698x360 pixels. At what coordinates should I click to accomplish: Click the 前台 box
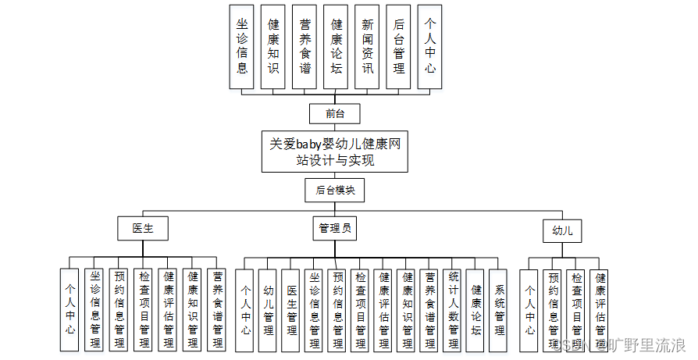click(335, 114)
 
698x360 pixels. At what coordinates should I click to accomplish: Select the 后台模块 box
click(335, 190)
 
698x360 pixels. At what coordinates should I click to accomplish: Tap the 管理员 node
click(335, 229)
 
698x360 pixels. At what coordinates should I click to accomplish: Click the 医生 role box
click(143, 229)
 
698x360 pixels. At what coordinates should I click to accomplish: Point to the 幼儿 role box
click(562, 230)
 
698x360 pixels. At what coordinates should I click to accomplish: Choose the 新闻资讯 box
click(368, 46)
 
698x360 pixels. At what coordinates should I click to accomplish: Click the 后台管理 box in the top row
click(399, 46)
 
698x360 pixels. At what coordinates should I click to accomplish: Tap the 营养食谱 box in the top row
click(305, 46)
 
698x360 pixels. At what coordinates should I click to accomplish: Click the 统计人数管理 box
click(453, 308)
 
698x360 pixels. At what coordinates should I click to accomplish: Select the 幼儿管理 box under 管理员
click(268, 308)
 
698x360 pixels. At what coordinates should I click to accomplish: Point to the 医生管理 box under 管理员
click(291, 308)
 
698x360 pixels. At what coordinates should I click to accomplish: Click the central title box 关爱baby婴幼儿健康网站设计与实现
click(335, 151)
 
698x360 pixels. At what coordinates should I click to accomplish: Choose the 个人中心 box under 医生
click(70, 308)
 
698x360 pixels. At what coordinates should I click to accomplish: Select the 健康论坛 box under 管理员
click(476, 308)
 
